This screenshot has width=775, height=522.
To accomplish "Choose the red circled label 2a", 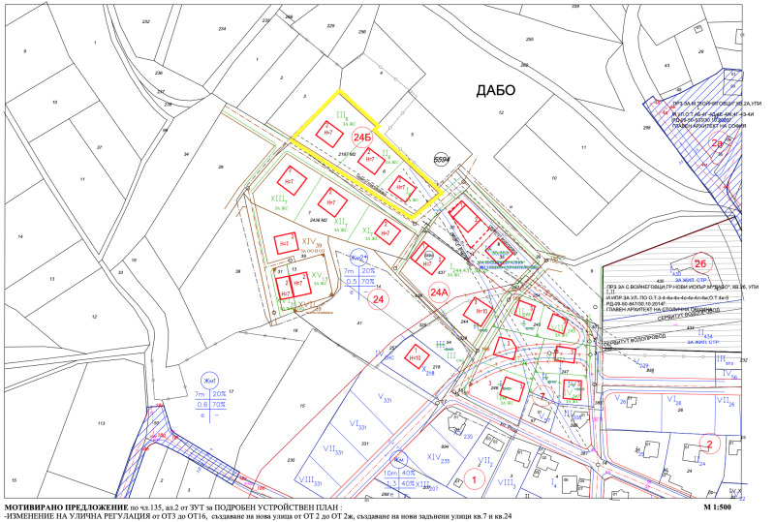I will pyautogui.click(x=718, y=142).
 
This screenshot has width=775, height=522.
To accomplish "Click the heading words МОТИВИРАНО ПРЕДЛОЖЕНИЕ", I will pyautogui.click(x=66, y=507).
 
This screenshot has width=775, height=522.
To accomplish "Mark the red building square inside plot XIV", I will pyautogui.click(x=284, y=244).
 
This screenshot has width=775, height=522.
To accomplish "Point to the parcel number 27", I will pyautogui.click(x=100, y=146).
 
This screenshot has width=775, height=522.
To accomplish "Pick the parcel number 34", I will pyautogui.click(x=184, y=154).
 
